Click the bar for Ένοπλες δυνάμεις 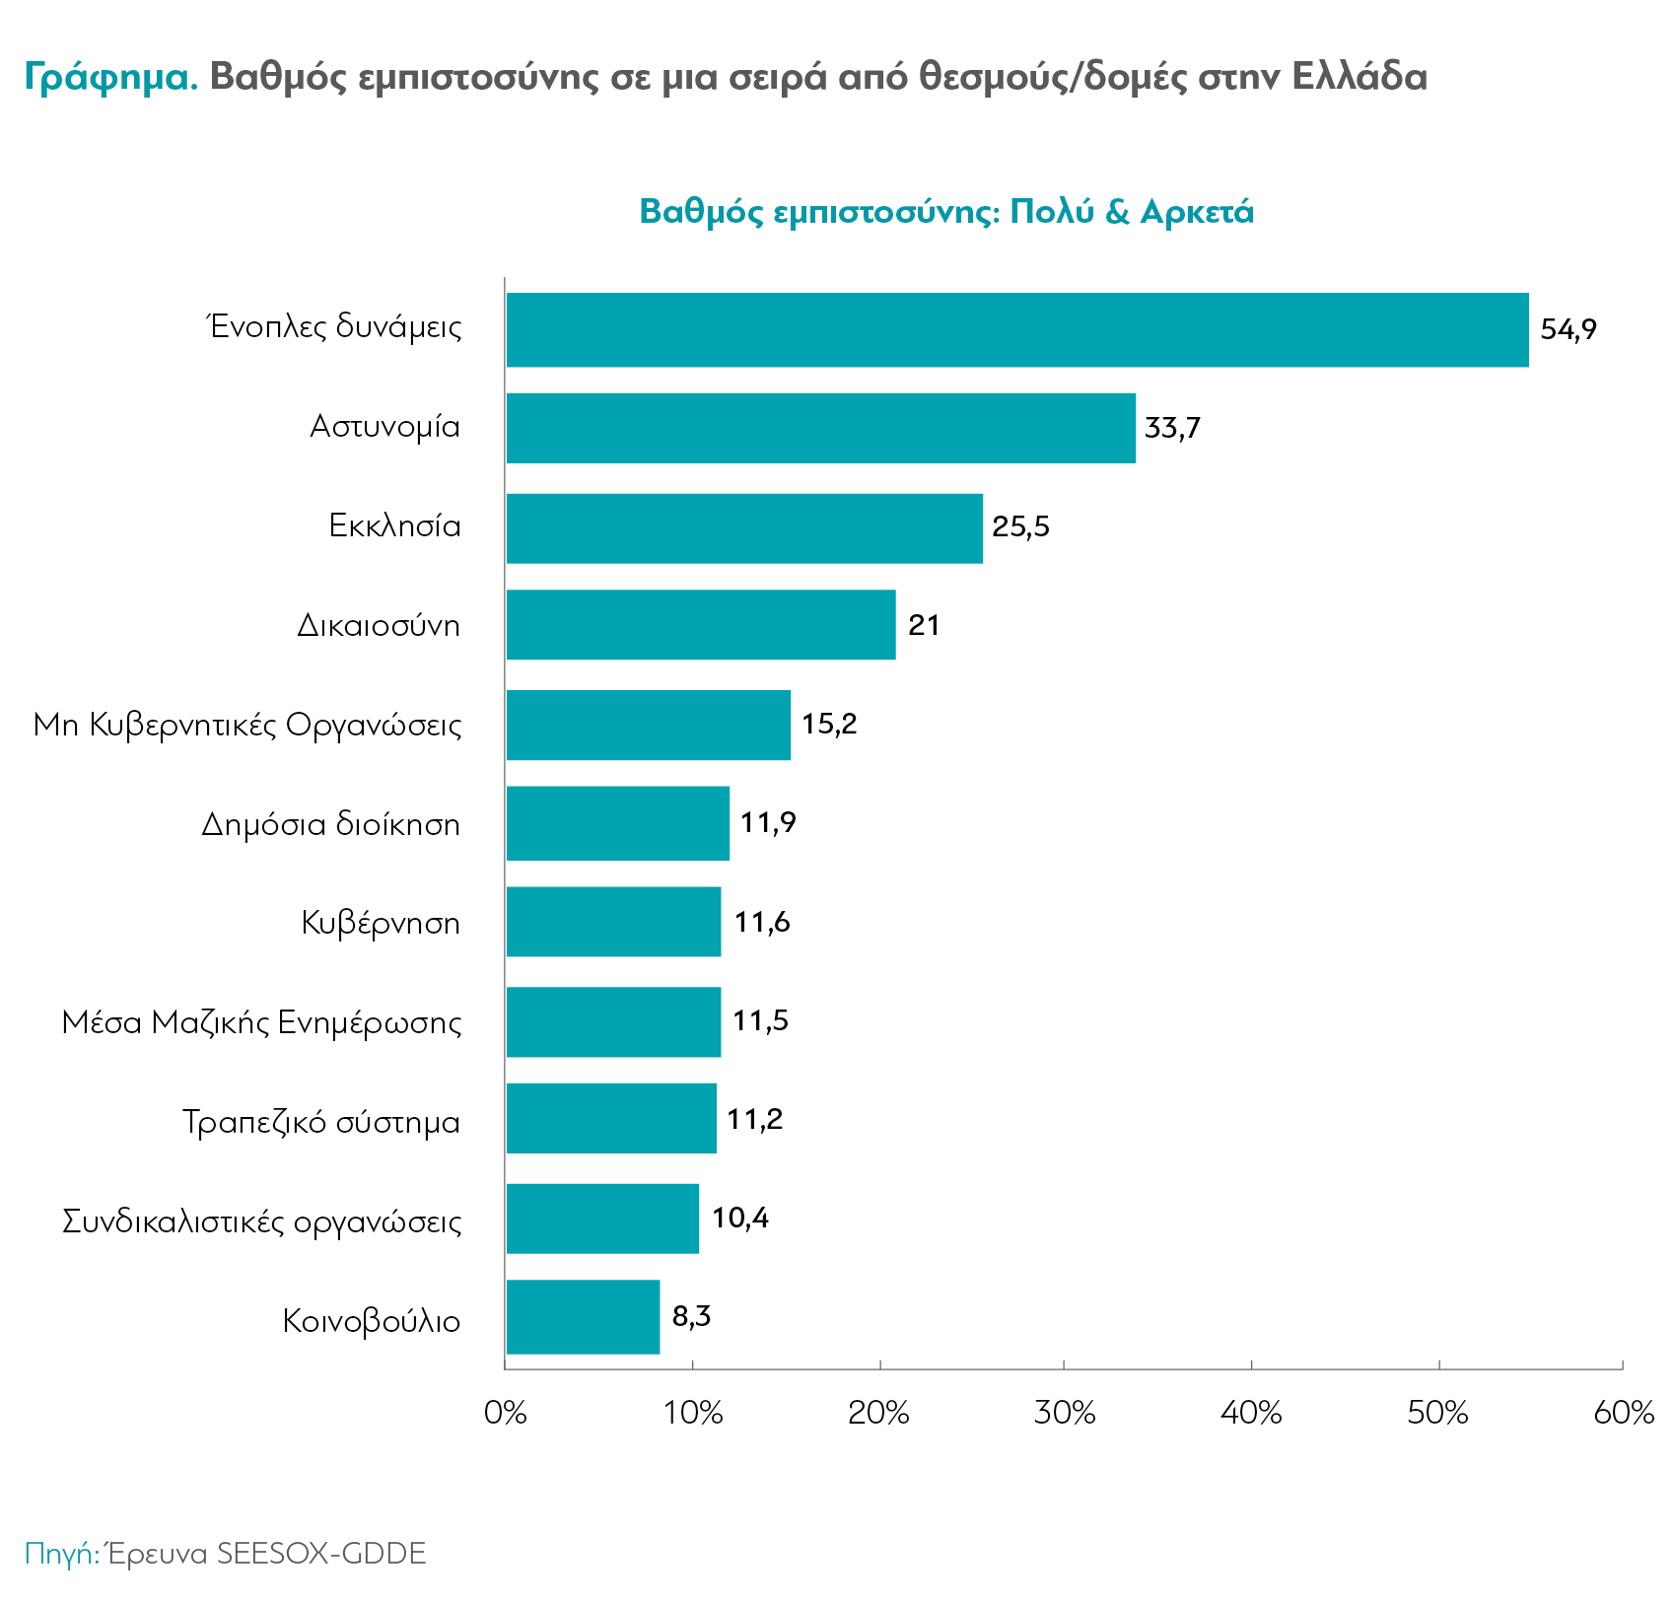(1016, 329)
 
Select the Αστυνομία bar (820, 428)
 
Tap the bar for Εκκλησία (744, 528)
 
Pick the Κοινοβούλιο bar (583, 1317)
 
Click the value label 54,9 (1568, 329)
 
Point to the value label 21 (924, 625)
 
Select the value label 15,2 (829, 725)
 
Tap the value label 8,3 (691, 1317)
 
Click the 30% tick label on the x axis (1065, 1414)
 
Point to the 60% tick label (1623, 1414)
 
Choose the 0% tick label (506, 1414)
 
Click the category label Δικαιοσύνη (379, 626)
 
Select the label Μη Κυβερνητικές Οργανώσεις (247, 726)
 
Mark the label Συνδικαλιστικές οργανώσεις (261, 1222)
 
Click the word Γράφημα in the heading (111, 77)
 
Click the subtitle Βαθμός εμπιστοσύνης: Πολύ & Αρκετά (946, 212)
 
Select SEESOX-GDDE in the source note (321, 1554)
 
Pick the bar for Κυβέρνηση (613, 922)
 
